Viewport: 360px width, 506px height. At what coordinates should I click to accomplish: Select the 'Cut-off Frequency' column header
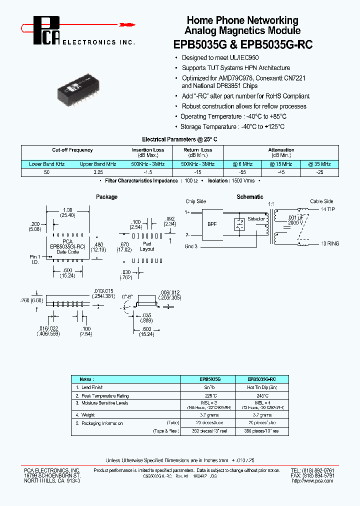pos(72,150)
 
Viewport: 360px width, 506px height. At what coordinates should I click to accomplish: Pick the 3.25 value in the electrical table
pos(98,171)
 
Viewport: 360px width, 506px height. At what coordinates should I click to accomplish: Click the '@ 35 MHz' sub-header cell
pos(319,164)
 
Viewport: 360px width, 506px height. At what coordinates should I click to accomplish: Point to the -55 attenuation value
pos(242,171)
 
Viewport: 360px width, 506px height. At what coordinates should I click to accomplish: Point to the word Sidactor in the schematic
pos(255,219)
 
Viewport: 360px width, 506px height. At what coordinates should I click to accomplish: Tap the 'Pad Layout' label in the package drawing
pos(147,246)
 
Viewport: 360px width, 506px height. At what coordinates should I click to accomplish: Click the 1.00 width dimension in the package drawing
pos(67,210)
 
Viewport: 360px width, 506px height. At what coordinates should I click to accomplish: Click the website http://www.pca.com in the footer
pos(313,480)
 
